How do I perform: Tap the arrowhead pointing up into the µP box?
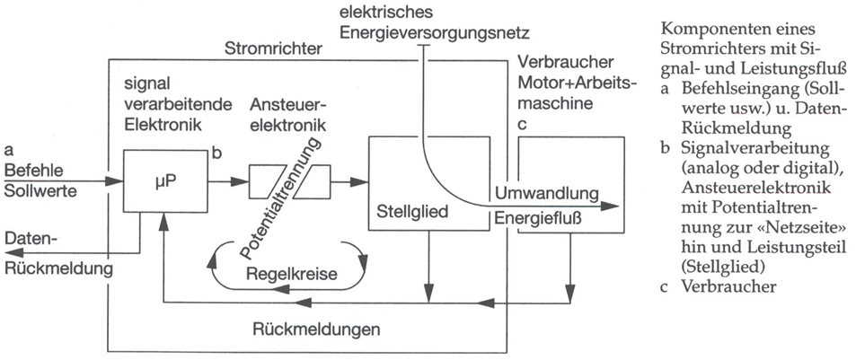point(162,220)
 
